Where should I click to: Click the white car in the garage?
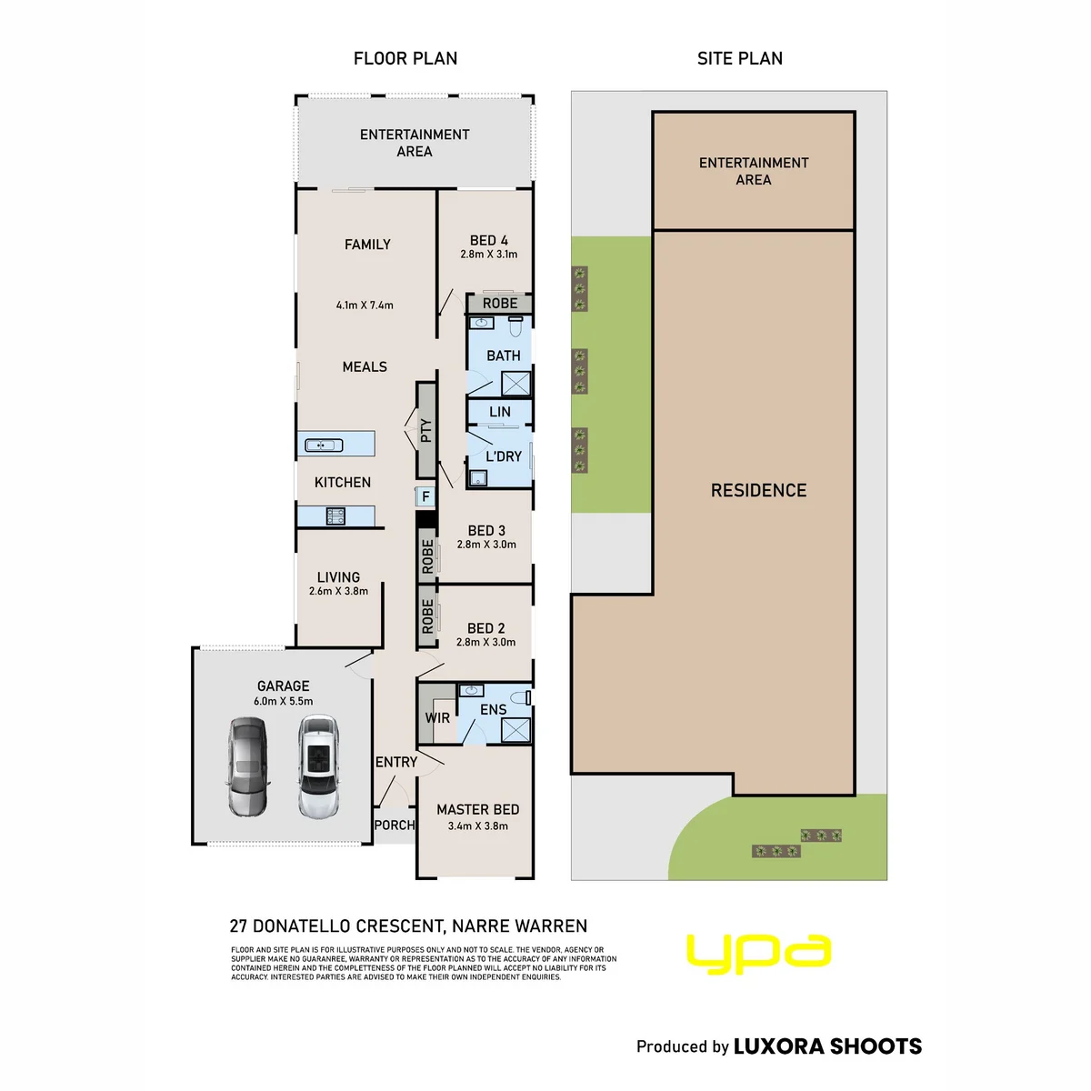(x=319, y=766)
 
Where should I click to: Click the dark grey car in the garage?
(x=248, y=766)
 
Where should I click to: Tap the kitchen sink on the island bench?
(x=324, y=445)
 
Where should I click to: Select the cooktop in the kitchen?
(x=335, y=515)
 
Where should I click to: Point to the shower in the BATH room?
(x=516, y=384)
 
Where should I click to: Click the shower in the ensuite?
(x=516, y=730)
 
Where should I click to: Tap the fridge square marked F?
(x=425, y=496)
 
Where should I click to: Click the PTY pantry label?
(x=426, y=430)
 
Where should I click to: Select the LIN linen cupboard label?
(x=500, y=412)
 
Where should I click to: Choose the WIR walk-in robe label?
(x=437, y=718)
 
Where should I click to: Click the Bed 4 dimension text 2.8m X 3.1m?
(x=488, y=255)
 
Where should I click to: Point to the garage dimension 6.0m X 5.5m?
(x=283, y=701)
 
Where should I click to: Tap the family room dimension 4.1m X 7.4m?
(x=365, y=305)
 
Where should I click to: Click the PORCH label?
(x=395, y=825)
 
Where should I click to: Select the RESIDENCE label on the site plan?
(x=758, y=490)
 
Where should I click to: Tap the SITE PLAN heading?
(x=740, y=58)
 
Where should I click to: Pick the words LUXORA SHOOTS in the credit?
(x=827, y=1046)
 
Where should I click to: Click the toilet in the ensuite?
(x=521, y=697)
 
